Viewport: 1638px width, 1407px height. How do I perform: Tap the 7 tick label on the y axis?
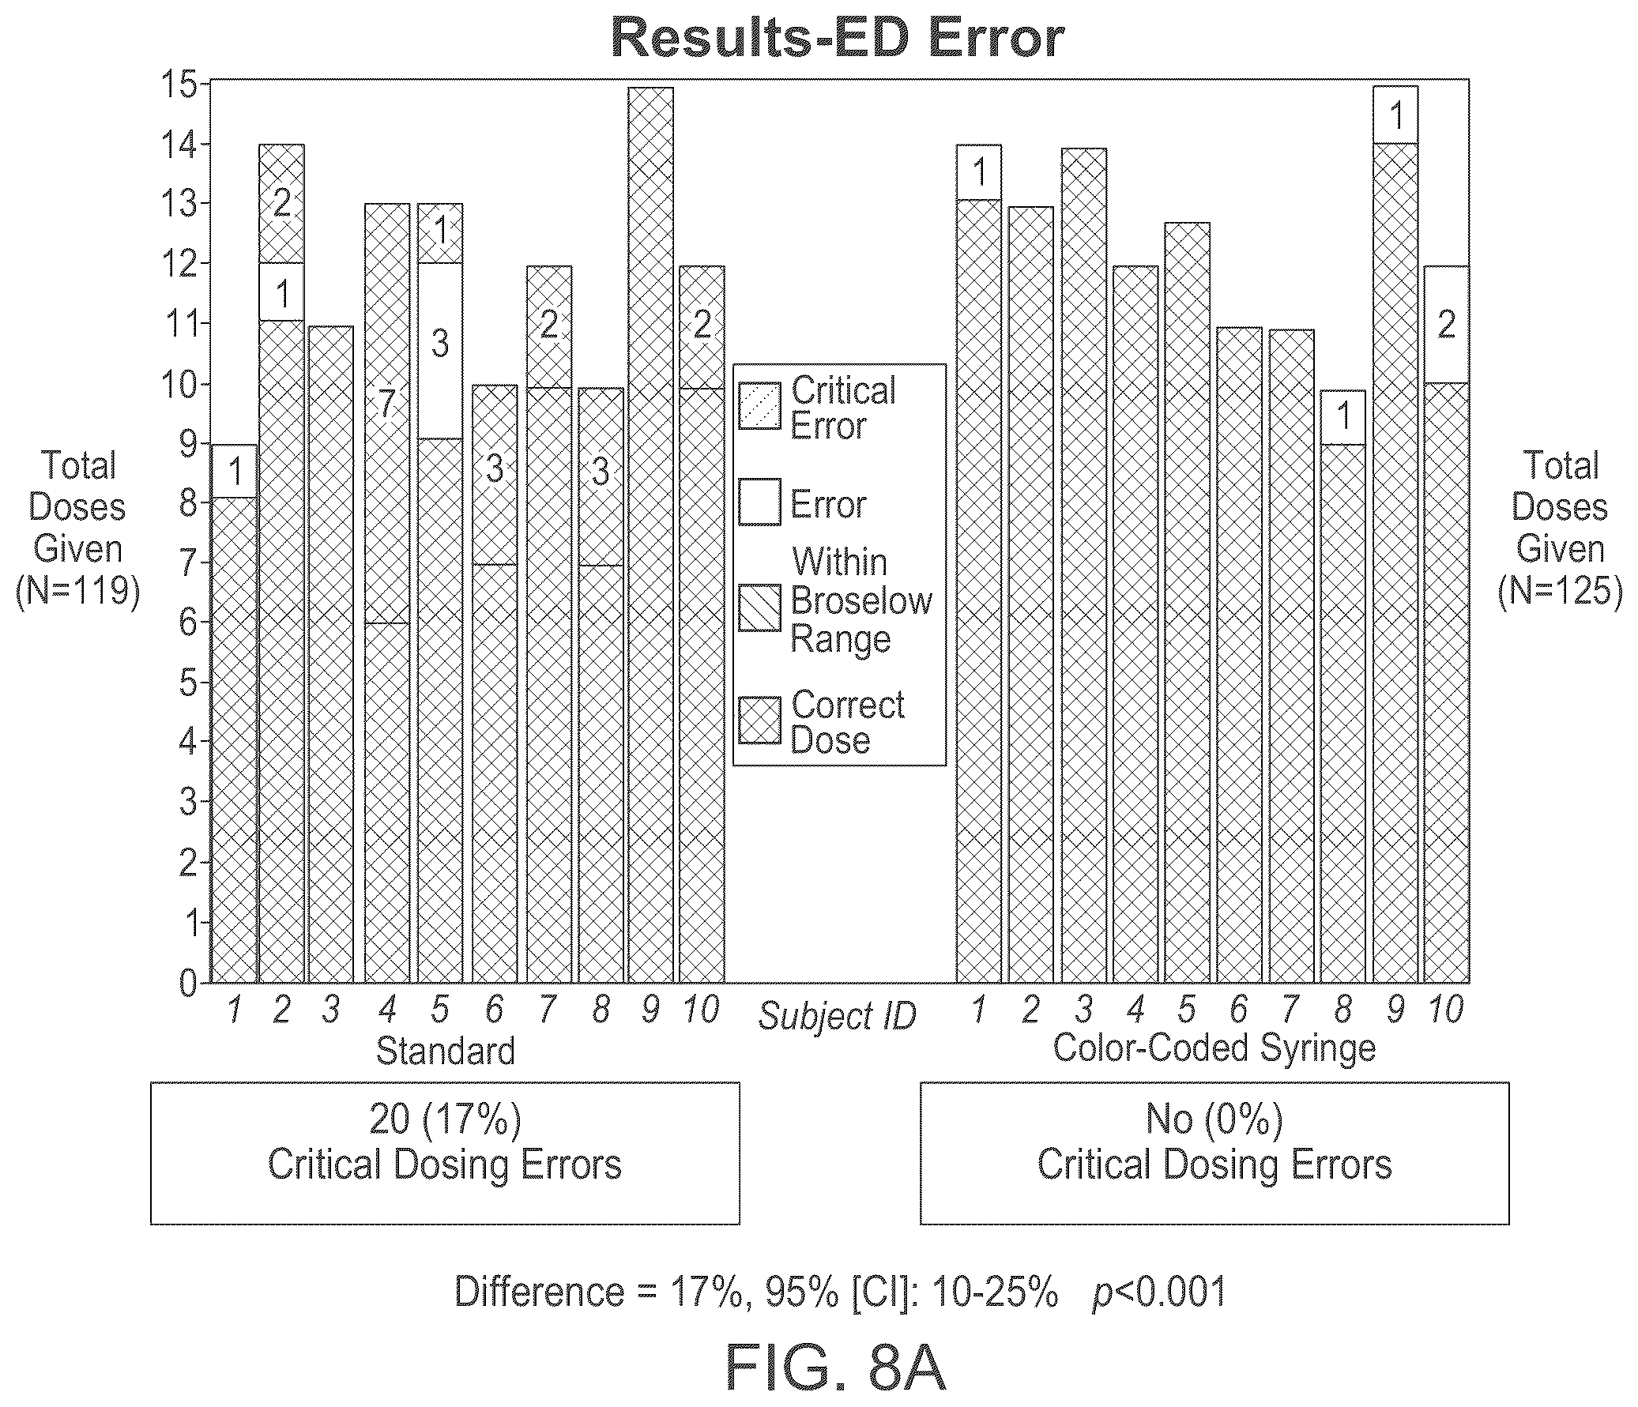[189, 562]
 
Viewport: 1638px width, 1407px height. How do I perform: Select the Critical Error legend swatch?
[759, 406]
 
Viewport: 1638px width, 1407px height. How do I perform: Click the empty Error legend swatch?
[759, 502]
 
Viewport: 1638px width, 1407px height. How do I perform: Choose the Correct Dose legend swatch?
[759, 720]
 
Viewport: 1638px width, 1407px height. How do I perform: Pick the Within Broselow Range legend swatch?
[759, 608]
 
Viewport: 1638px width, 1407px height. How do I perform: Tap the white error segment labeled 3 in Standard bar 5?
[440, 351]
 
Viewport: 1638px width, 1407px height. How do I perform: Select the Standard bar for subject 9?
[650, 535]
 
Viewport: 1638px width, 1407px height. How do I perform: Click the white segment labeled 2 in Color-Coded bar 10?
[1446, 325]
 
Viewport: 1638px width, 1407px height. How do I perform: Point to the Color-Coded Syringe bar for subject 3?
[1084, 565]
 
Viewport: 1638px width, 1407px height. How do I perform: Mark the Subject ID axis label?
[838, 1017]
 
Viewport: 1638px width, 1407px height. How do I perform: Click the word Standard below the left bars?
[445, 1051]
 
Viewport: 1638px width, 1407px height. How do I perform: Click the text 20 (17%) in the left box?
[445, 1119]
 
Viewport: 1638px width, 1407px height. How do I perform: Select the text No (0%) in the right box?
[1214, 1119]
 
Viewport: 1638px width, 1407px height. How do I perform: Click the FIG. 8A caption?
[836, 1368]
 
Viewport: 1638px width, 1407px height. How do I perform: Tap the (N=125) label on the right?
[1560, 590]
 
